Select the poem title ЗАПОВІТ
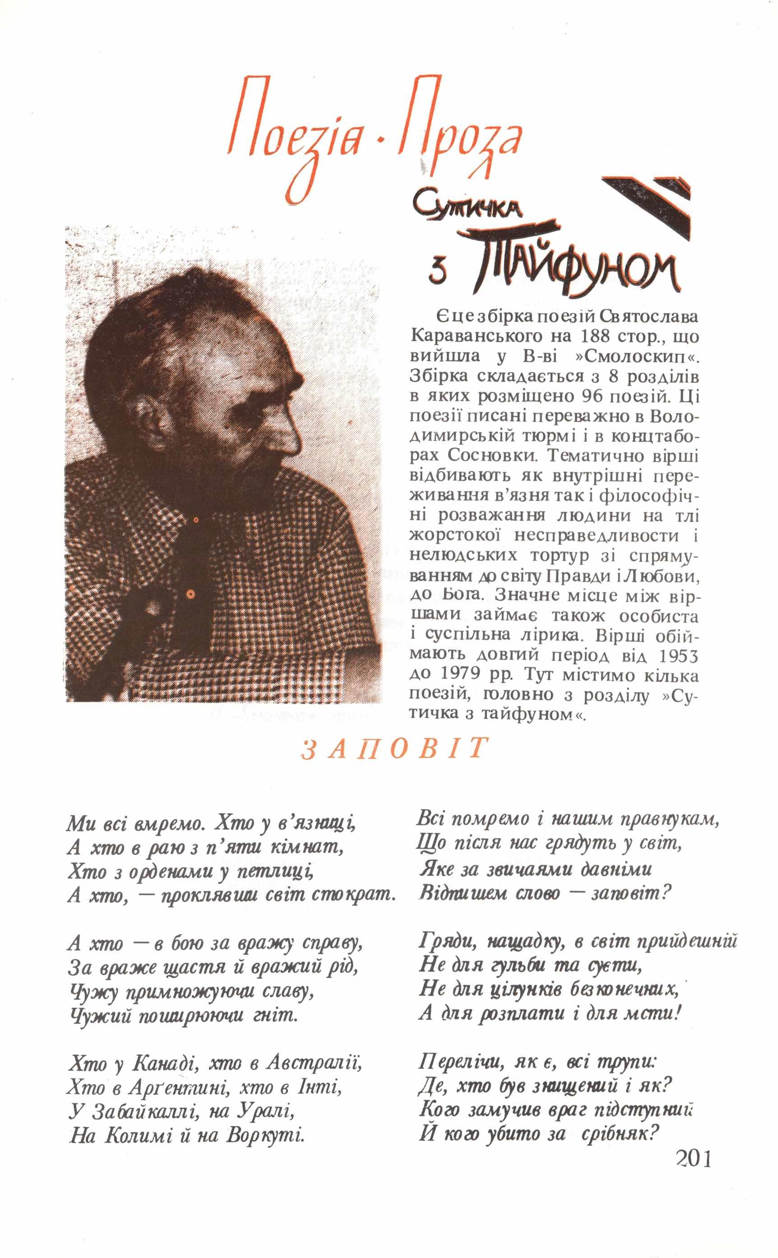tap(394, 750)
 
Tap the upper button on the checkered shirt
tap(195, 520)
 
